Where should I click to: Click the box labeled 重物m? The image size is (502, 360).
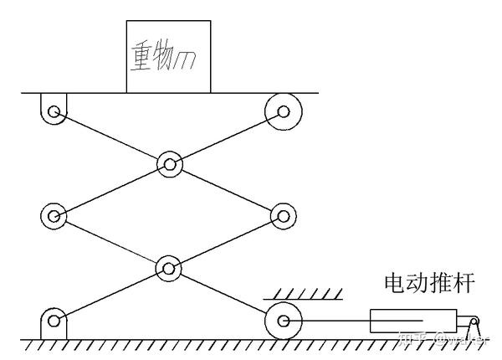pos(168,55)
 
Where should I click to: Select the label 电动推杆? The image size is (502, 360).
pos(428,282)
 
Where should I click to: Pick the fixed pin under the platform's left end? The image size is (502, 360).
pos(54,110)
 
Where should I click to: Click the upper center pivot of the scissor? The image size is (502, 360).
pos(169,163)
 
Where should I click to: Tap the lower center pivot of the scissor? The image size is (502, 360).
pos(169,269)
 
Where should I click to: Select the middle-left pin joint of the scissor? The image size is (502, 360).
pos(54,215)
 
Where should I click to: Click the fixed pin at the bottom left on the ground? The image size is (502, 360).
pos(54,320)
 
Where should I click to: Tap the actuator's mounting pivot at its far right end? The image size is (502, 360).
pos(474,321)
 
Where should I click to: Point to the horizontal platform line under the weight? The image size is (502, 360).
pos(251,92)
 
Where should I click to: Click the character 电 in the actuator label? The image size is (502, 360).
pos(393,282)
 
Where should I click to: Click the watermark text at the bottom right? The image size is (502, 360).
pos(452,340)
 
